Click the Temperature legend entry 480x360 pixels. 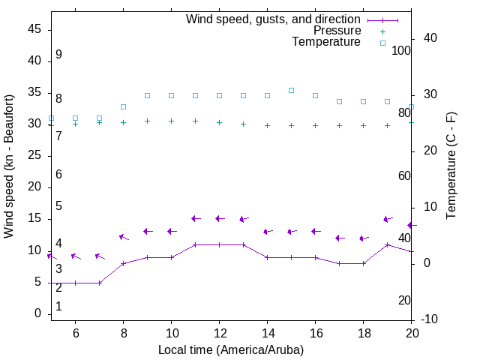(326, 43)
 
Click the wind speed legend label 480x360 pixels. (273, 19)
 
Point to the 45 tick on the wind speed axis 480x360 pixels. (35, 29)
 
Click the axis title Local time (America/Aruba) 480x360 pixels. (231, 349)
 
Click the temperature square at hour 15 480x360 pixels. (291, 90)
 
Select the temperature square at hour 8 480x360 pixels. (123, 106)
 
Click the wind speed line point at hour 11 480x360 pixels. (195, 244)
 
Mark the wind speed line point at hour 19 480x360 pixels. (387, 244)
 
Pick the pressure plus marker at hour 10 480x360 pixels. (171, 121)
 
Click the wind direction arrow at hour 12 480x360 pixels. (219, 218)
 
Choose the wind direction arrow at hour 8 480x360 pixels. (123, 237)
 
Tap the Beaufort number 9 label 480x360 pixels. (58, 55)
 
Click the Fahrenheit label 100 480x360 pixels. (401, 50)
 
